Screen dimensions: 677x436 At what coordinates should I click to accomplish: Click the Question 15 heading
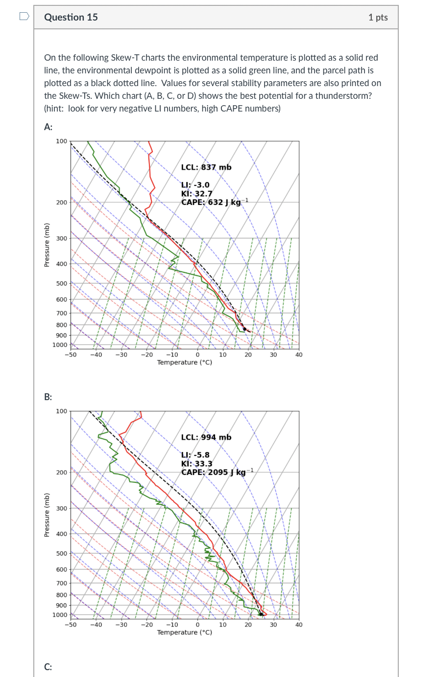[x=71, y=17]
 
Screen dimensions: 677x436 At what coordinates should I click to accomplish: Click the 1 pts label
[x=378, y=18]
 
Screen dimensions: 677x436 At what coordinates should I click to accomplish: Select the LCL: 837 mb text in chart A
[x=206, y=167]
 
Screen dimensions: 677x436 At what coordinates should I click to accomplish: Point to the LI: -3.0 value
[x=195, y=185]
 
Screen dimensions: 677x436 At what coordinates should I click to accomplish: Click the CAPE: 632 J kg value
[x=212, y=202]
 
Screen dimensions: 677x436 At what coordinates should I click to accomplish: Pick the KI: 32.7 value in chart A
[x=197, y=194]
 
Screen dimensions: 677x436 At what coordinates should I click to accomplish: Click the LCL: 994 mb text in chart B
[x=206, y=437]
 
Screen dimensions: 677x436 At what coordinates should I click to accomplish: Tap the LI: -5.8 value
[x=195, y=455]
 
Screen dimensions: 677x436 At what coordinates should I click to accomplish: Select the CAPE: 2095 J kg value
[x=214, y=472]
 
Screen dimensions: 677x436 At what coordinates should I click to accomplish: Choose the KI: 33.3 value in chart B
[x=197, y=464]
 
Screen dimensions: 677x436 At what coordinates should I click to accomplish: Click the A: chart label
[x=48, y=127]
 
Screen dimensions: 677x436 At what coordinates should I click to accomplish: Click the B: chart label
[x=48, y=397]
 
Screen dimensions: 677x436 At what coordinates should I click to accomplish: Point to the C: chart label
[x=48, y=667]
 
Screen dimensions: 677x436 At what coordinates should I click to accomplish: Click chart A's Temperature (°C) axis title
[x=185, y=362]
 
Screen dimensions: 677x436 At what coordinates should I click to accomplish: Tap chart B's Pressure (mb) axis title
[x=47, y=515]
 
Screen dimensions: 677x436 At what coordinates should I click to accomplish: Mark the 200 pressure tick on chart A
[x=61, y=203]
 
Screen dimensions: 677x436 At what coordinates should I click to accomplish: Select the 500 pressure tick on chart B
[x=61, y=554]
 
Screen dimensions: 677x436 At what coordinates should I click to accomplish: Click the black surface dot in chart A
[x=244, y=329]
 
